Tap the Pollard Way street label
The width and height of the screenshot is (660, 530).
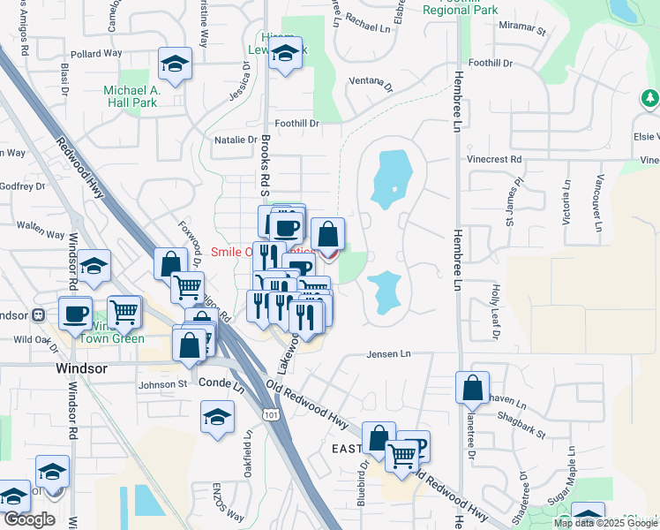click(97, 54)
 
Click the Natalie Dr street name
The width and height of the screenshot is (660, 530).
click(236, 140)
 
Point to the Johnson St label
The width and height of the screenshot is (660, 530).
click(163, 384)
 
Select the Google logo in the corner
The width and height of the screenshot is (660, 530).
click(29, 519)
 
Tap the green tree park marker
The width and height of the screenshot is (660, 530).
click(650, 97)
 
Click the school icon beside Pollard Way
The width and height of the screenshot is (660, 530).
click(175, 64)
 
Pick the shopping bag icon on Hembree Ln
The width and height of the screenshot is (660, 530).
click(472, 387)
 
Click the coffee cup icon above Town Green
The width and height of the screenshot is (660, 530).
click(76, 312)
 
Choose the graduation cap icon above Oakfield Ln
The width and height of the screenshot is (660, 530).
click(217, 417)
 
